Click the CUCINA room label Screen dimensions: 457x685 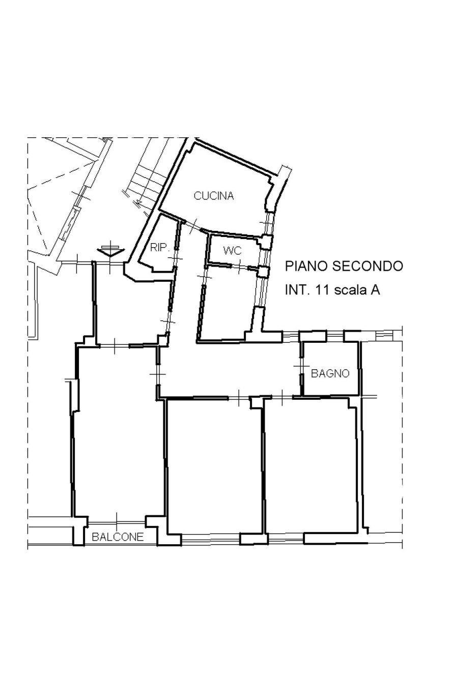(x=214, y=196)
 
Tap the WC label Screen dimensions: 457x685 (x=233, y=251)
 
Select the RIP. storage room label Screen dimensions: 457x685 (x=159, y=247)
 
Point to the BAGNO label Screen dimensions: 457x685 (x=330, y=373)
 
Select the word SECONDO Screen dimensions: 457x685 (x=367, y=266)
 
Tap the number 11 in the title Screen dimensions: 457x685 (x=324, y=290)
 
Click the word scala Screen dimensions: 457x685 (x=351, y=290)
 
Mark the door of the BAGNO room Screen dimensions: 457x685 (x=301, y=366)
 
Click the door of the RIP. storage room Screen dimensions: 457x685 (x=176, y=257)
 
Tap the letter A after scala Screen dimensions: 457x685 (x=376, y=290)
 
